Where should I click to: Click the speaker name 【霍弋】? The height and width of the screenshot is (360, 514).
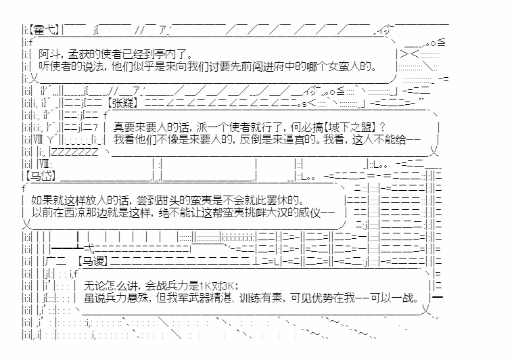(44, 30)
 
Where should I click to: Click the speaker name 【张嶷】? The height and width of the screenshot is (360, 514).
(122, 103)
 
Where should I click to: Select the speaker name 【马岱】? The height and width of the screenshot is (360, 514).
(41, 176)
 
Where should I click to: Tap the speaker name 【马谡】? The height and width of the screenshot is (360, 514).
(93, 261)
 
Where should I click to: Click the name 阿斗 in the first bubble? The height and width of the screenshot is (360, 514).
(49, 53)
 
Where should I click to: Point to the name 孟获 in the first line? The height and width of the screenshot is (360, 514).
(78, 53)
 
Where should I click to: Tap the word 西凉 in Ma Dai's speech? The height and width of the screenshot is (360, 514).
(74, 212)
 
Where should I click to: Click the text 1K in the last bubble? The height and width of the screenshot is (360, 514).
(205, 286)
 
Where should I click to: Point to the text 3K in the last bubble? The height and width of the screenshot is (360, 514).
(229, 286)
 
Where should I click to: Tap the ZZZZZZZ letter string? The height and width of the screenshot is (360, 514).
(75, 152)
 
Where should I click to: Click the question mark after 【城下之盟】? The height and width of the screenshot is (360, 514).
(381, 127)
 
